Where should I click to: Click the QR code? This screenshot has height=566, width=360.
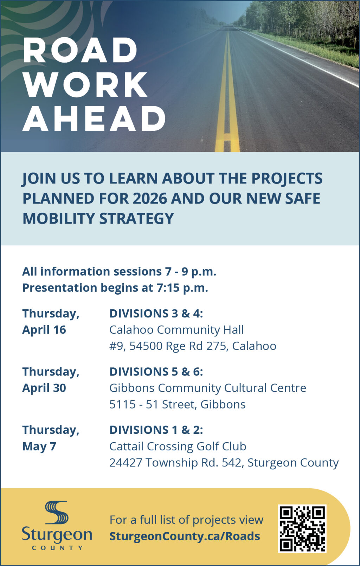[x=302, y=529]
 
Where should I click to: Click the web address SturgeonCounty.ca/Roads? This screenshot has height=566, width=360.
[x=185, y=536]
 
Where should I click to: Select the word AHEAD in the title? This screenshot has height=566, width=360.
[x=94, y=118]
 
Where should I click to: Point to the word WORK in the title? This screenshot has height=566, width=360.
[x=85, y=84]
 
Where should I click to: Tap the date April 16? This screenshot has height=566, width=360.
[x=44, y=330]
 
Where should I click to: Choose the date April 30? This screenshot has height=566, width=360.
[x=44, y=388]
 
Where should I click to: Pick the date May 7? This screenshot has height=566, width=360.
[x=39, y=446]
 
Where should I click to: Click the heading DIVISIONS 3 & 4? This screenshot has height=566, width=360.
[x=156, y=314]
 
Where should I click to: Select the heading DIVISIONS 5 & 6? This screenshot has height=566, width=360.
[x=156, y=372]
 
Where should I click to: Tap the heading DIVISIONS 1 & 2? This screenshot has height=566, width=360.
[x=156, y=430]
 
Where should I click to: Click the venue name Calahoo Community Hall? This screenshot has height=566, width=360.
[x=176, y=330]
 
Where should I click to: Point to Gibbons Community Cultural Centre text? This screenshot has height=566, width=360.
[x=208, y=388]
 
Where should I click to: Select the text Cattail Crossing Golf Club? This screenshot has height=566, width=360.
[x=178, y=446]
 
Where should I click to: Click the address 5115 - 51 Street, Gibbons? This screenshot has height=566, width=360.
[x=177, y=404]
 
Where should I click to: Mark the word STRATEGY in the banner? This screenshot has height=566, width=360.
[x=136, y=219]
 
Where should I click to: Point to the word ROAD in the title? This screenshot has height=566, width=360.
[x=80, y=50]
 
